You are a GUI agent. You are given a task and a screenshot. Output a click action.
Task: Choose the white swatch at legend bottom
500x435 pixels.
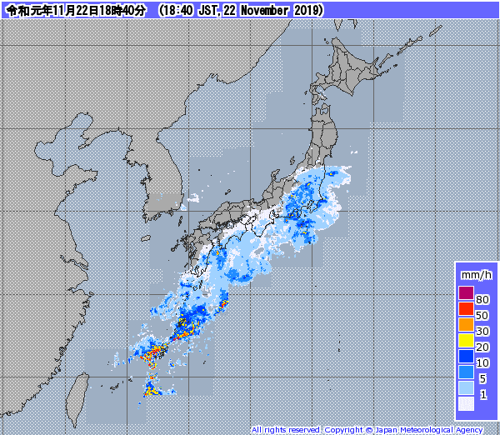coord(466,403)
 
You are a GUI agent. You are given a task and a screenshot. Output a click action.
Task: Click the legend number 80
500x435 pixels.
coord(482,299)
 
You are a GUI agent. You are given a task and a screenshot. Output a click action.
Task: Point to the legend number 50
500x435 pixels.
coord(482,315)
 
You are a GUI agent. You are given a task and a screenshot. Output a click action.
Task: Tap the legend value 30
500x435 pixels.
coord(482,331)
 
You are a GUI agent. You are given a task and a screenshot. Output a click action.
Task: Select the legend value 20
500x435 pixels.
coord(482,347)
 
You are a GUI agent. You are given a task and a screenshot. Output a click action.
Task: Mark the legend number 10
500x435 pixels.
coord(482,362)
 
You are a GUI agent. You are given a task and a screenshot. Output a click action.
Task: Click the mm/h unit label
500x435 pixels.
coord(476,274)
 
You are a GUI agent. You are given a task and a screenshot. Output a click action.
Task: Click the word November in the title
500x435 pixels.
coord(260,10)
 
